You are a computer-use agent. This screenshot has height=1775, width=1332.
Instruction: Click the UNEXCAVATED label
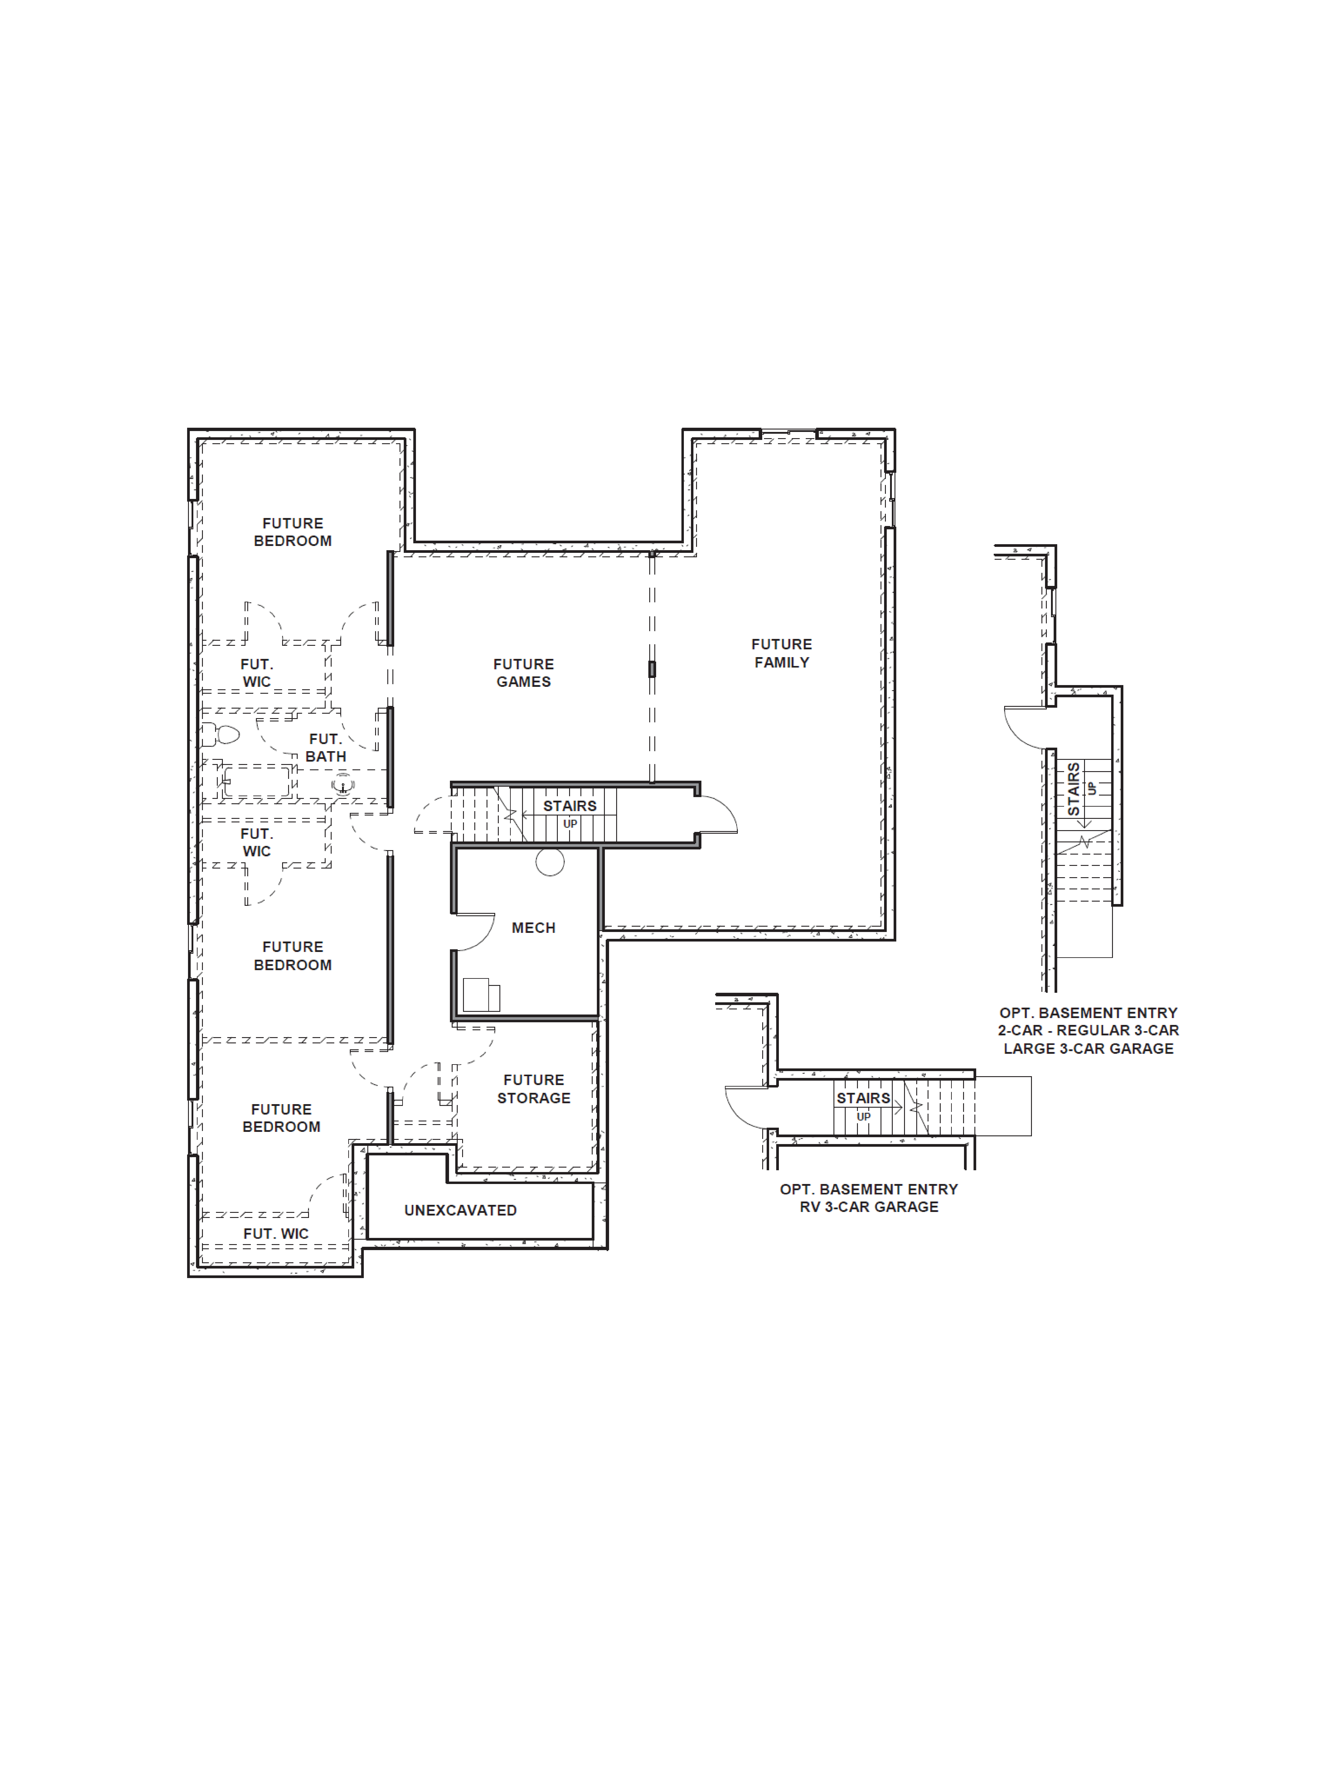coord(460,1210)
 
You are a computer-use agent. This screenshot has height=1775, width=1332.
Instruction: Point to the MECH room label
coord(533,928)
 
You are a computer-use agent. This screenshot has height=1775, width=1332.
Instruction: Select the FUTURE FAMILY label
coord(781,653)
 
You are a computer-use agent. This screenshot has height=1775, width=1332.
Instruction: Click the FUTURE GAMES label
coord(523,672)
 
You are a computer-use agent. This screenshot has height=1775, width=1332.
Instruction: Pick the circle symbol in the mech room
coord(550,862)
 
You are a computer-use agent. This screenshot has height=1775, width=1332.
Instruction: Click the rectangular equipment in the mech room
coord(480,995)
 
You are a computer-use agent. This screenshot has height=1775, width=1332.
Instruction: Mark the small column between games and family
coord(652,668)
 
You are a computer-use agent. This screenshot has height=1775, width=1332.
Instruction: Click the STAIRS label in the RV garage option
coord(863,1098)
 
